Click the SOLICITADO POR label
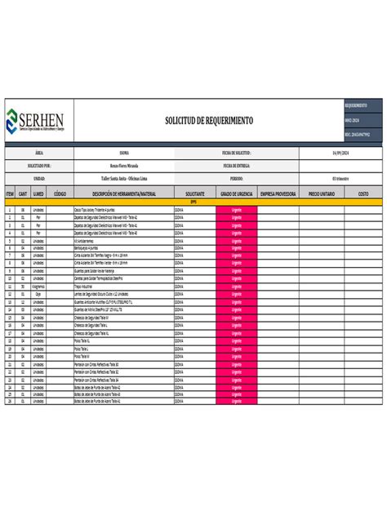coord(40,165)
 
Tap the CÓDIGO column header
coord(60,193)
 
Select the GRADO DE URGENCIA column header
coord(236,193)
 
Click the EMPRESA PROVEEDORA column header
coord(278,193)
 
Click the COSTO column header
coord(363,193)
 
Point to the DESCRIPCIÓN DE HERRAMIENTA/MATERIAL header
coord(123,193)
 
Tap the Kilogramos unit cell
coord(38,287)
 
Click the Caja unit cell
coord(38,293)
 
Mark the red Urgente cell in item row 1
coord(237,209)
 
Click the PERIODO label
coord(236,178)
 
